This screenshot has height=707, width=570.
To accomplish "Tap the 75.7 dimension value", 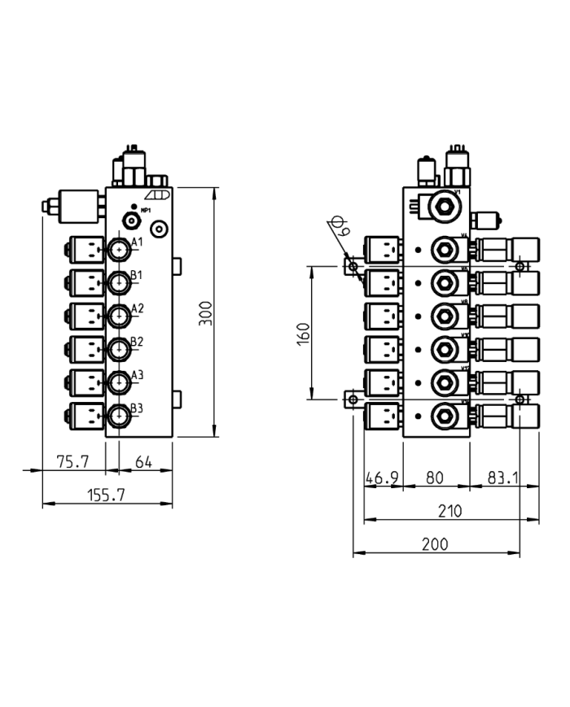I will tap(72, 461).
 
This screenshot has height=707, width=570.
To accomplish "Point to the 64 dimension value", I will tap(142, 461).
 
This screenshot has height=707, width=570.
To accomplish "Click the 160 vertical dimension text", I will tap(303, 333).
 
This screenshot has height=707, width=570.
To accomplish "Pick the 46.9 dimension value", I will tap(382, 478).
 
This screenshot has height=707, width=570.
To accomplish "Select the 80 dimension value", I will tap(436, 478).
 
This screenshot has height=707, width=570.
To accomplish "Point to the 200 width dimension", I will tap(436, 544).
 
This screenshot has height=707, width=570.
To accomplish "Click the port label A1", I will tap(137, 242).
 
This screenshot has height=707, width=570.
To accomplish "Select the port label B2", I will tap(137, 342).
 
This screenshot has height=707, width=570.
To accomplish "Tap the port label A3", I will tap(137, 375).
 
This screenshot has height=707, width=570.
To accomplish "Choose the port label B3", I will tap(137, 408).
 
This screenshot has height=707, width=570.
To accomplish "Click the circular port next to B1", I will tap(120, 282).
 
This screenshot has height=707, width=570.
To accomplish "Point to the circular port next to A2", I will tap(120, 316).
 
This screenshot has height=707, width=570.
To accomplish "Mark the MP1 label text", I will tap(147, 210).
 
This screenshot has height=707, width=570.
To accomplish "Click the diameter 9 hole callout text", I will tap(340, 227).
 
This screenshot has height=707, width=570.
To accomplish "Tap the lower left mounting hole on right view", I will tap(353, 399).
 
